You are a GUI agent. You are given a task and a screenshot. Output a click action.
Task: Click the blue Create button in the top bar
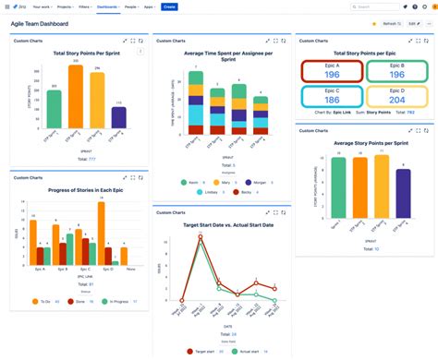[x=169, y=6]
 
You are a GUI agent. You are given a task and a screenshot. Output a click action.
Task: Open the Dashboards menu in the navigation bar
[x=106, y=6]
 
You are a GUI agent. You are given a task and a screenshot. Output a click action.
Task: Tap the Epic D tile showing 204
[x=398, y=96]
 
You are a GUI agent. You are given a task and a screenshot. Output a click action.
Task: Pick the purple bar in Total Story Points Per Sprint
[x=118, y=116]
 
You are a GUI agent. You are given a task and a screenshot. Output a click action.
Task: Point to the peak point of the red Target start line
[x=199, y=238]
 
